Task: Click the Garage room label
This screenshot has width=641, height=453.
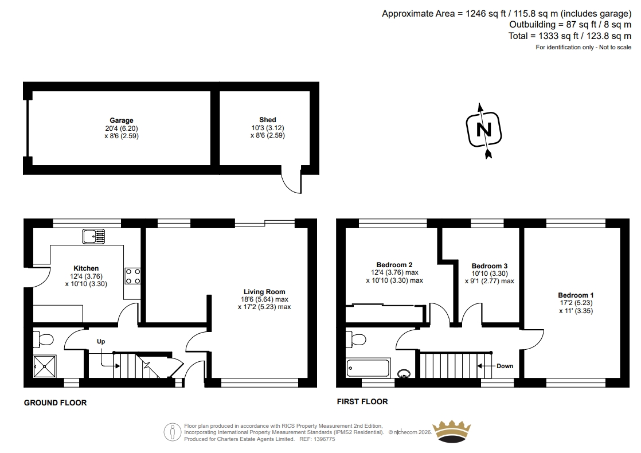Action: coord(122,120)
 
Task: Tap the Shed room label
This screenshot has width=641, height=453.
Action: coord(268,120)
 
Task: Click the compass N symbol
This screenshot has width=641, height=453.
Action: coord(484,130)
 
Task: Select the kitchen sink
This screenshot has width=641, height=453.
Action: coord(93,236)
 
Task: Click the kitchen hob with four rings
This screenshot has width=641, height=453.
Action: coord(132,276)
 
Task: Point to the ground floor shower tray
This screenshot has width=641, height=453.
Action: coord(45,366)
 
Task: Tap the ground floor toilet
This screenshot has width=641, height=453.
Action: coord(44,339)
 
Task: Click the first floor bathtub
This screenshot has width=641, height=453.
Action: coord(368,368)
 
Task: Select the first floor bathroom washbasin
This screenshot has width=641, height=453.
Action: coord(404,373)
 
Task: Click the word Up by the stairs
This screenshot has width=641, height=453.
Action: coord(101,341)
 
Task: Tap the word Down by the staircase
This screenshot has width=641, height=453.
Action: coord(505,366)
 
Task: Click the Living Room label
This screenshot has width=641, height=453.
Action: coord(264,291)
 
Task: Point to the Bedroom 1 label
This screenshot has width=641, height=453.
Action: coord(576,295)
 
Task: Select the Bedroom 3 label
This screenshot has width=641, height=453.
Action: coord(489,265)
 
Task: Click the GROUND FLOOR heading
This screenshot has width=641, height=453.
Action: coord(55,403)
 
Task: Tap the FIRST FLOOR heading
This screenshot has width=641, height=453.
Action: coord(362,401)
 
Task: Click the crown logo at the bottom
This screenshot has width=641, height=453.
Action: coord(451,431)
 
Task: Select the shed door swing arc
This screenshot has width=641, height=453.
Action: coord(287,186)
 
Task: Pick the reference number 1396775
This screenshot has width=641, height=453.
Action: coord(324,439)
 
